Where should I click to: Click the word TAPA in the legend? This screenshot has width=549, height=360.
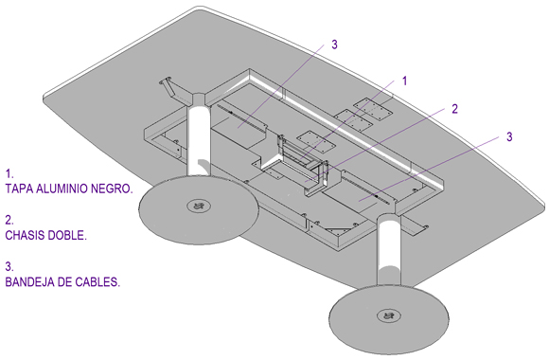point(19,189)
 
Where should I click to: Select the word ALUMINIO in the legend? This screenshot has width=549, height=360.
point(62,189)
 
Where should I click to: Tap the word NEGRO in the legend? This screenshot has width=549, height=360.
point(112,189)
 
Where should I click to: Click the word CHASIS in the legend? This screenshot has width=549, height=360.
point(25,235)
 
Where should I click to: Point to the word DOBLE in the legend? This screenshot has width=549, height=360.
point(67,235)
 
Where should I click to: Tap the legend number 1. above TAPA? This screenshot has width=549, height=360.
point(9,173)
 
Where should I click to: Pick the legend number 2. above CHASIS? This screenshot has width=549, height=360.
point(9,220)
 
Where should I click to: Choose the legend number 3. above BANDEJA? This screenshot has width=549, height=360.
point(9,266)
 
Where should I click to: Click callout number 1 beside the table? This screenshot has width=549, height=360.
point(405,81)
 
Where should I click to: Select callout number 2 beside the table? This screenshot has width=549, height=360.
point(454,109)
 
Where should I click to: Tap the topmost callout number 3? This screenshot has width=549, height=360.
point(334,45)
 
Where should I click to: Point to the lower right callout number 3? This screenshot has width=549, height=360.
point(509,136)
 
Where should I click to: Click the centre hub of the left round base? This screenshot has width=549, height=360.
point(199,206)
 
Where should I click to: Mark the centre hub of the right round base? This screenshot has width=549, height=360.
point(388,315)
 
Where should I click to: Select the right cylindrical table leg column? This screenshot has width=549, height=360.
point(389,251)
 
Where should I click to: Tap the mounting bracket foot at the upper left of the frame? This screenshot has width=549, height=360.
point(168,85)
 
